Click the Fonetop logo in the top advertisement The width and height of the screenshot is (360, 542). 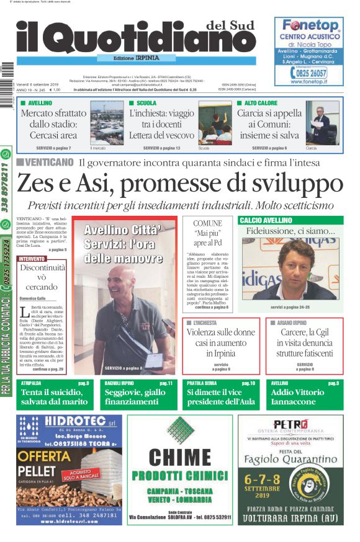[x=310, y=25]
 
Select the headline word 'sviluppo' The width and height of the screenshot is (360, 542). [x=298, y=184]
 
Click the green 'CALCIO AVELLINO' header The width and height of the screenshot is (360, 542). [x=266, y=220]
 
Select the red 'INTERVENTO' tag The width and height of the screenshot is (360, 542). [x=32, y=258]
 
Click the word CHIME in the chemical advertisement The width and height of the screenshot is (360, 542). [x=179, y=458]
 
